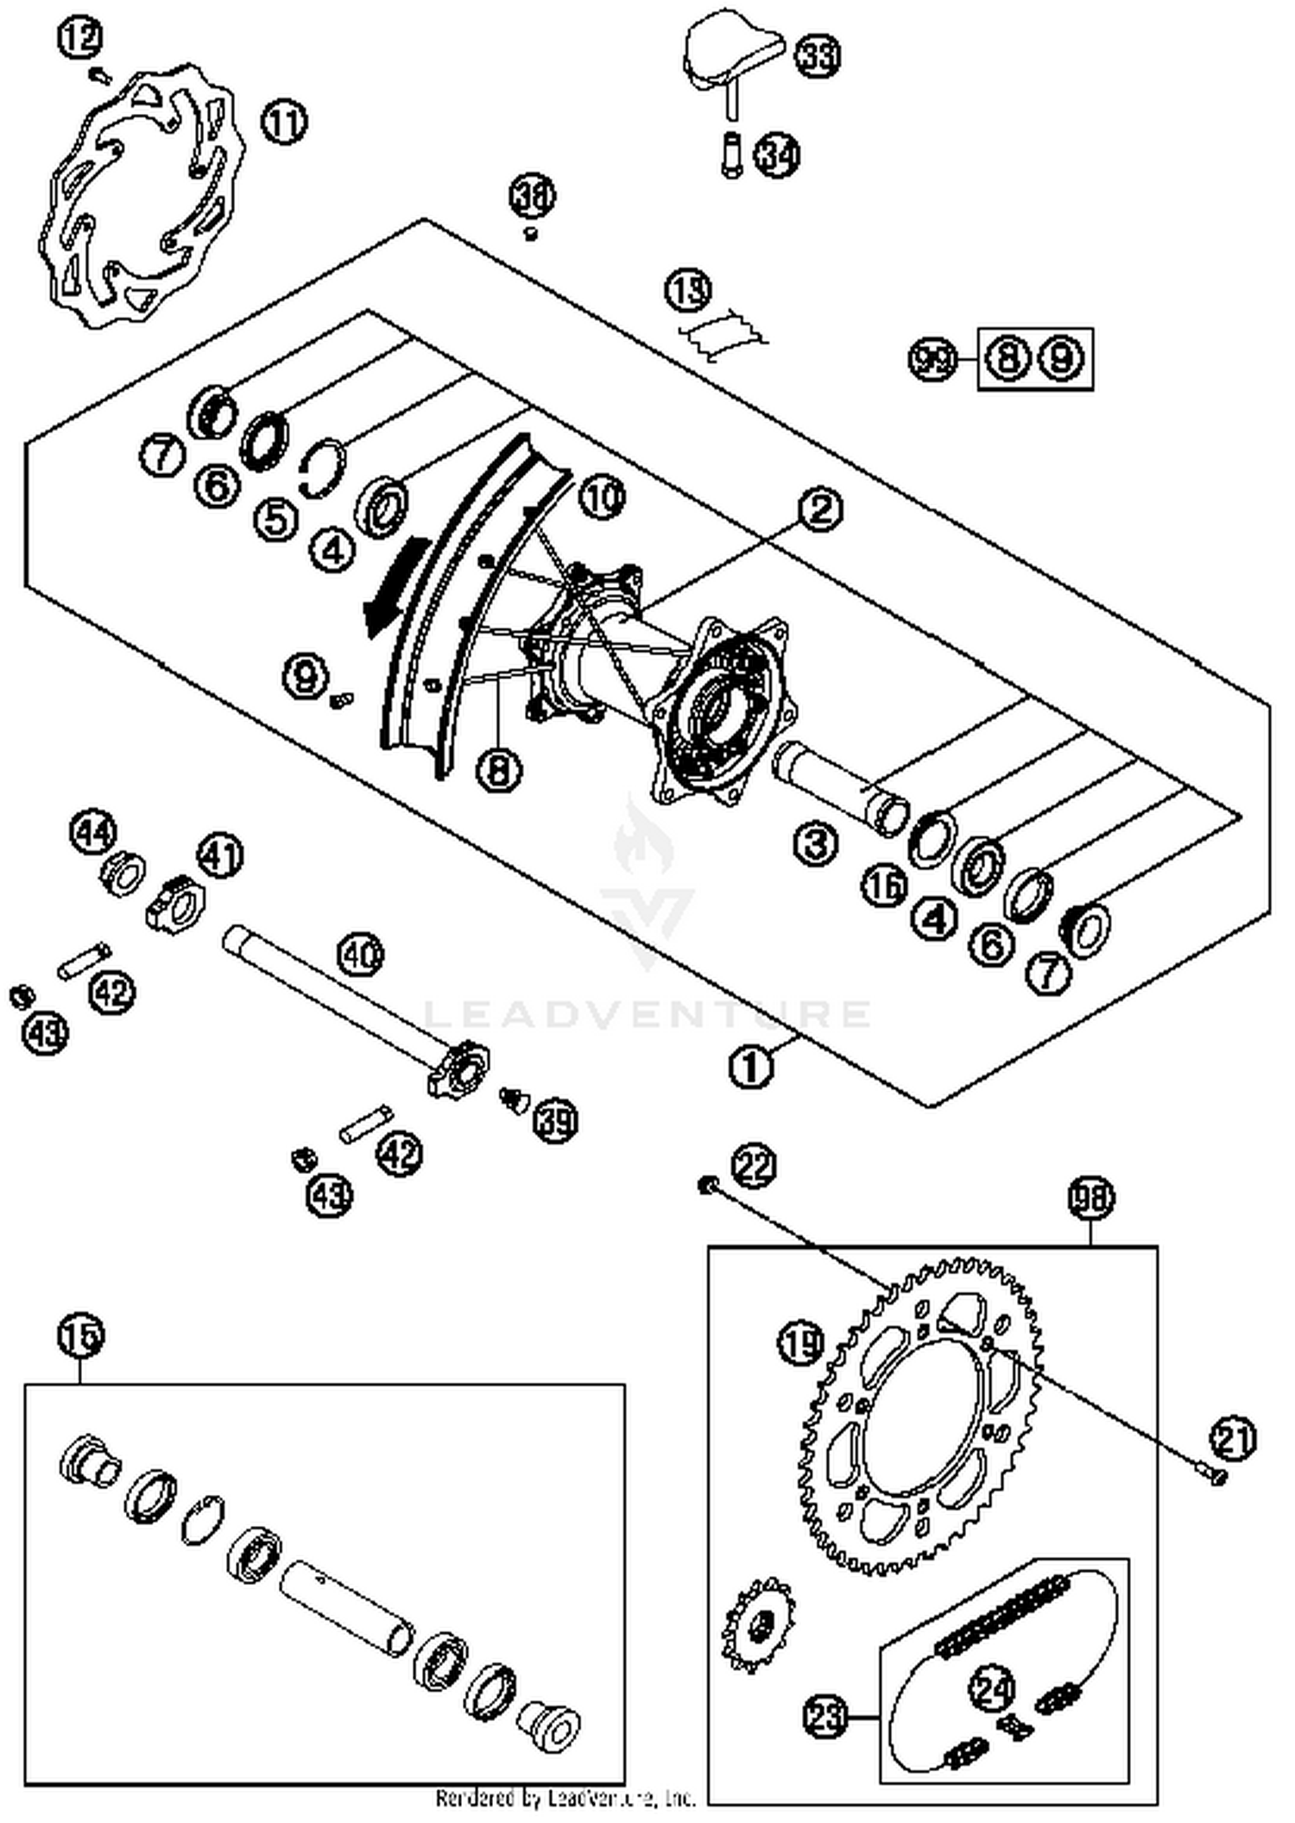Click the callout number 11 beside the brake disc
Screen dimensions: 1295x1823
click(284, 122)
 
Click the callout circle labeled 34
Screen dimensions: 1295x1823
click(776, 155)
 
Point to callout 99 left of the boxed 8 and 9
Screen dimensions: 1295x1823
click(933, 358)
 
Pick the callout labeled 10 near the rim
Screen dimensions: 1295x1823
click(602, 497)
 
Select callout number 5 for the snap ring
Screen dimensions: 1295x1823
click(275, 520)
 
